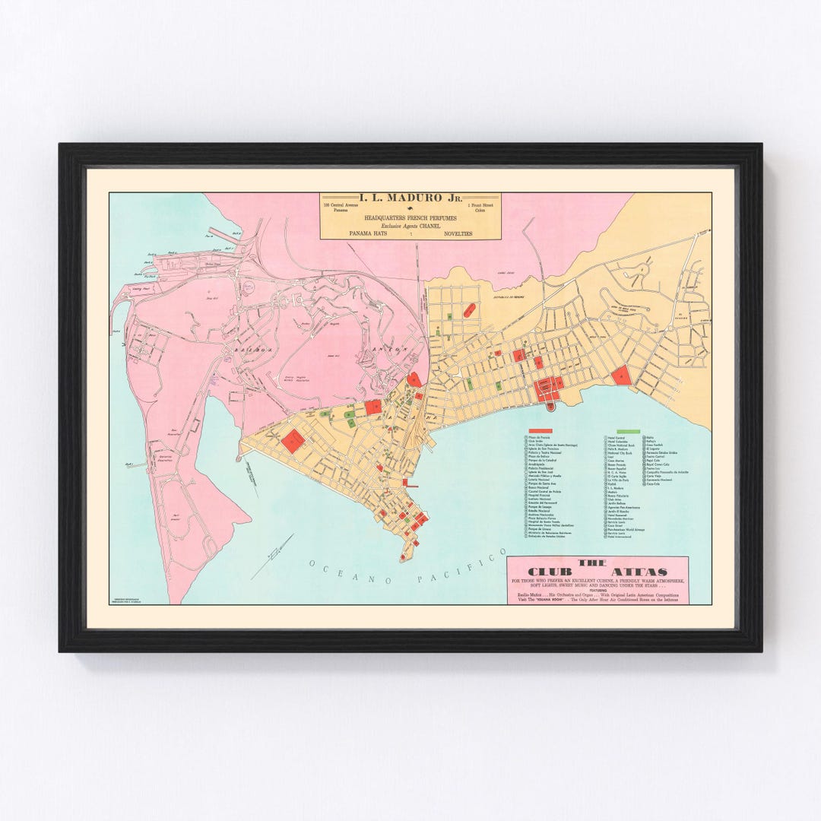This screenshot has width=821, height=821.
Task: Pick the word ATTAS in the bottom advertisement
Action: tap(642, 572)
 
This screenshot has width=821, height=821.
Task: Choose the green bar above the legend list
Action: tap(629, 431)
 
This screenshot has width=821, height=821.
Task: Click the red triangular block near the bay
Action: tap(621, 376)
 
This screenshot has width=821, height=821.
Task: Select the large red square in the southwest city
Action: tap(293, 441)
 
